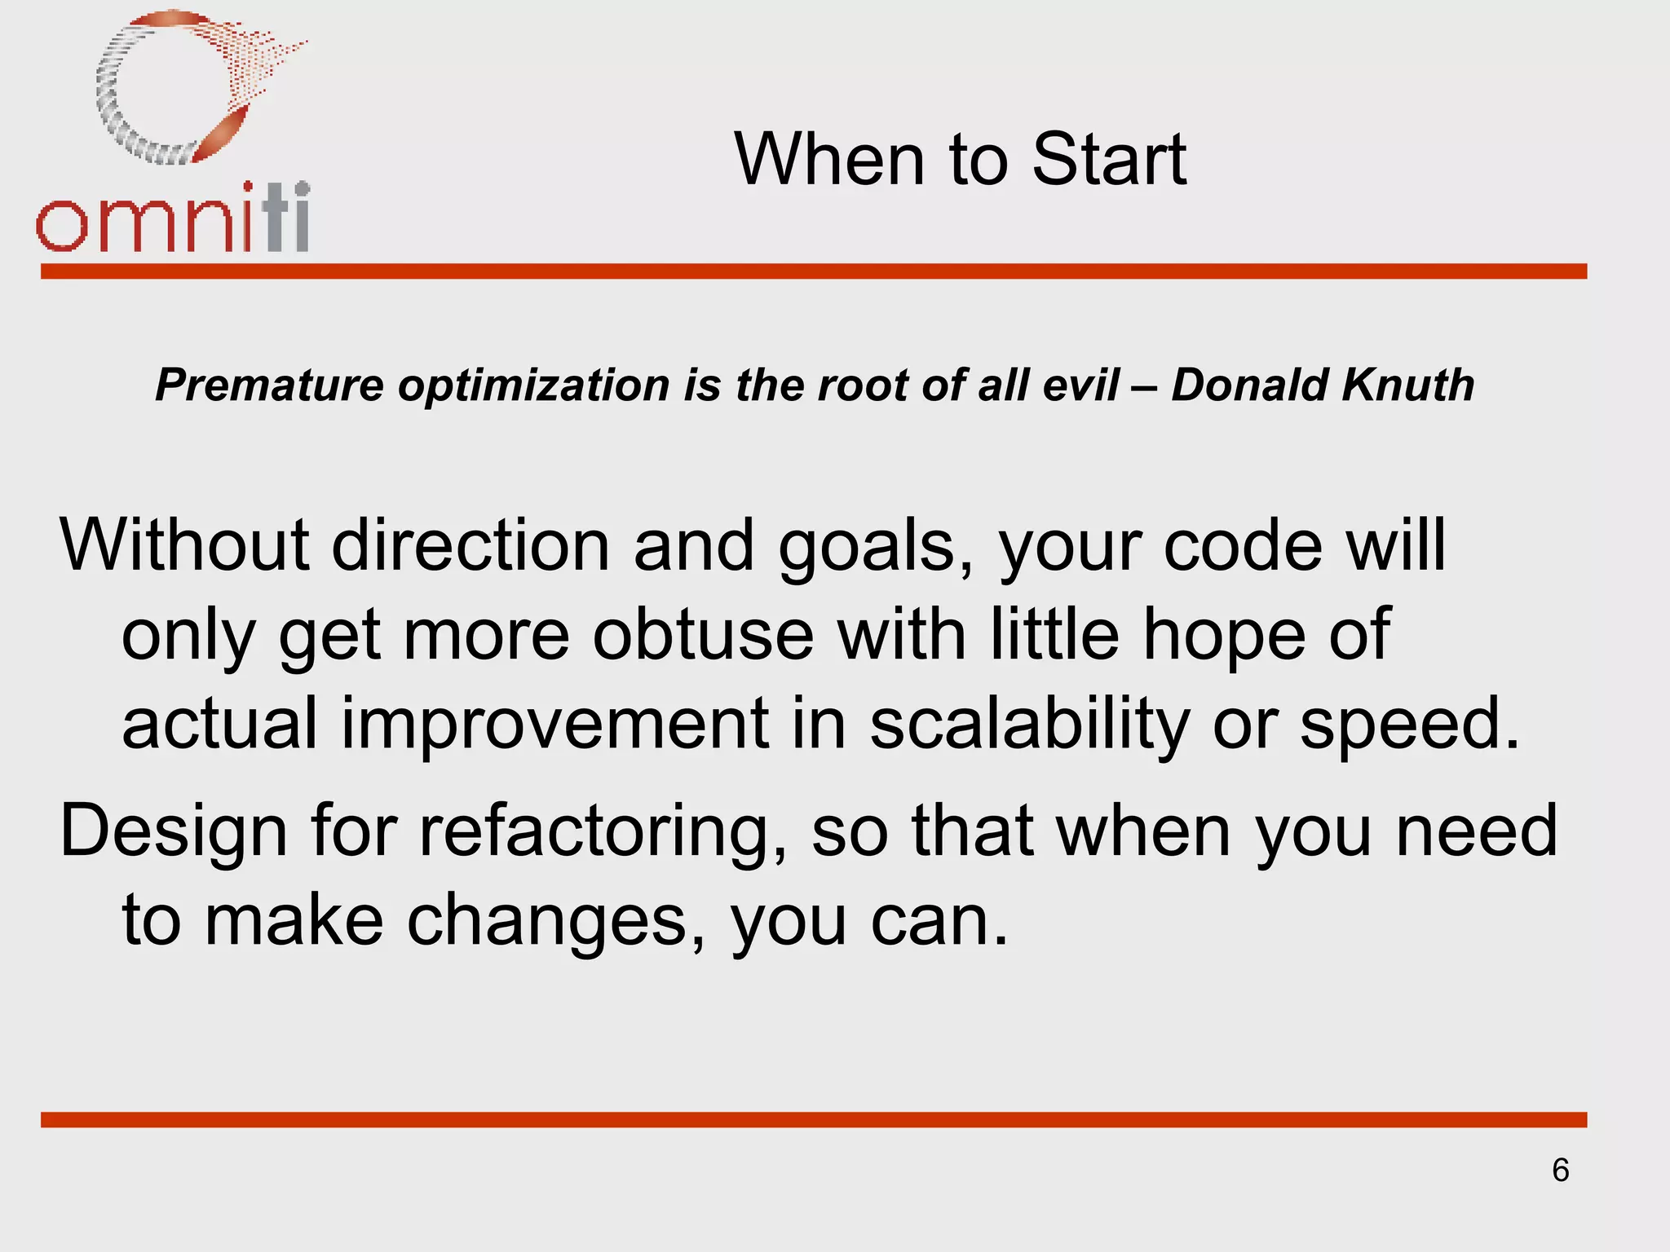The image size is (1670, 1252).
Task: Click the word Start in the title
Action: click(x=1109, y=159)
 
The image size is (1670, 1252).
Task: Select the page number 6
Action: click(x=1560, y=1170)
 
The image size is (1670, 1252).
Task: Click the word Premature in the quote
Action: click(x=269, y=385)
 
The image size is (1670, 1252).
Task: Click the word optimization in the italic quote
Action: click(x=533, y=386)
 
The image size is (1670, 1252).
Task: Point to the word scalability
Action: click(x=1029, y=725)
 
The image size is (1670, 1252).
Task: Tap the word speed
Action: click(x=1409, y=725)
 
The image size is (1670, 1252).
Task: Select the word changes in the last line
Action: click(x=556, y=921)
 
